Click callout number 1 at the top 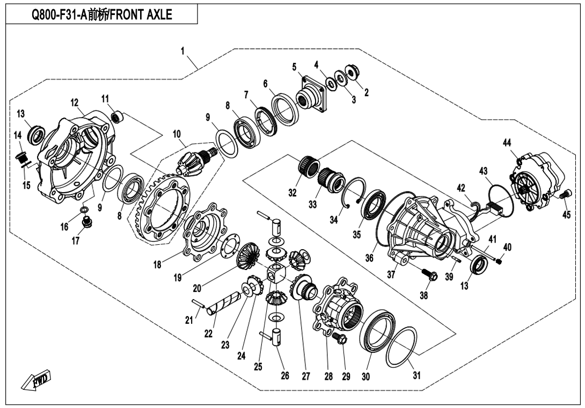(183, 52)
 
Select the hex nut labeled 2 (353, 72)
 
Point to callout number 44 (507, 142)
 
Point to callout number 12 (74, 102)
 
